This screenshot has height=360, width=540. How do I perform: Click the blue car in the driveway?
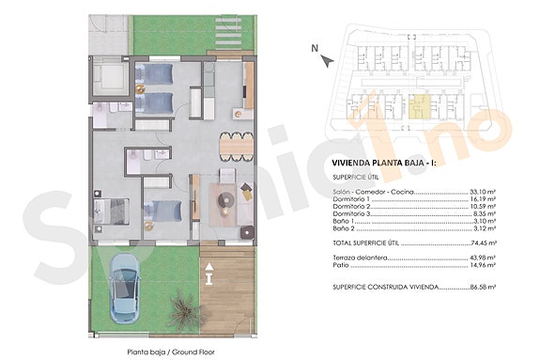point(125,286)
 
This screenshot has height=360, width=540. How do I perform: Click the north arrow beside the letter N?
point(325,59)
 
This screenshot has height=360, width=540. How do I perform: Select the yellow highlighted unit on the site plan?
point(420,109)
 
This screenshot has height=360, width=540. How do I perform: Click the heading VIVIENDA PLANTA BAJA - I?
point(385,164)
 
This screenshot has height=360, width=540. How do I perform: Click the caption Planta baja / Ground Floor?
point(170,352)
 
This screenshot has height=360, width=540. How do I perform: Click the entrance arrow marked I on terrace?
point(208,276)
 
